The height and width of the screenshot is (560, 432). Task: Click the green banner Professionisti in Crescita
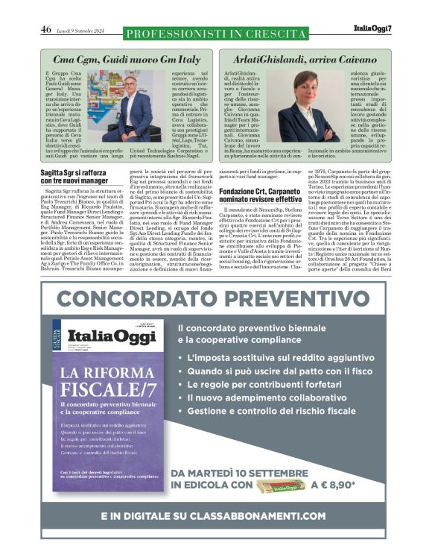click(x=216, y=34)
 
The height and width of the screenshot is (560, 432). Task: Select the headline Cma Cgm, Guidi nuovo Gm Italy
click(x=127, y=58)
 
